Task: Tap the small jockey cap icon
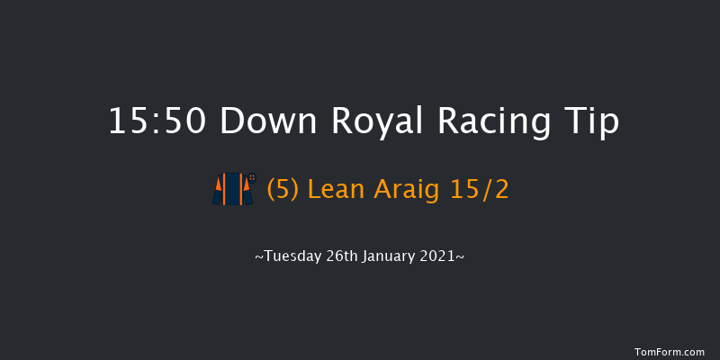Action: tap(253, 178)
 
